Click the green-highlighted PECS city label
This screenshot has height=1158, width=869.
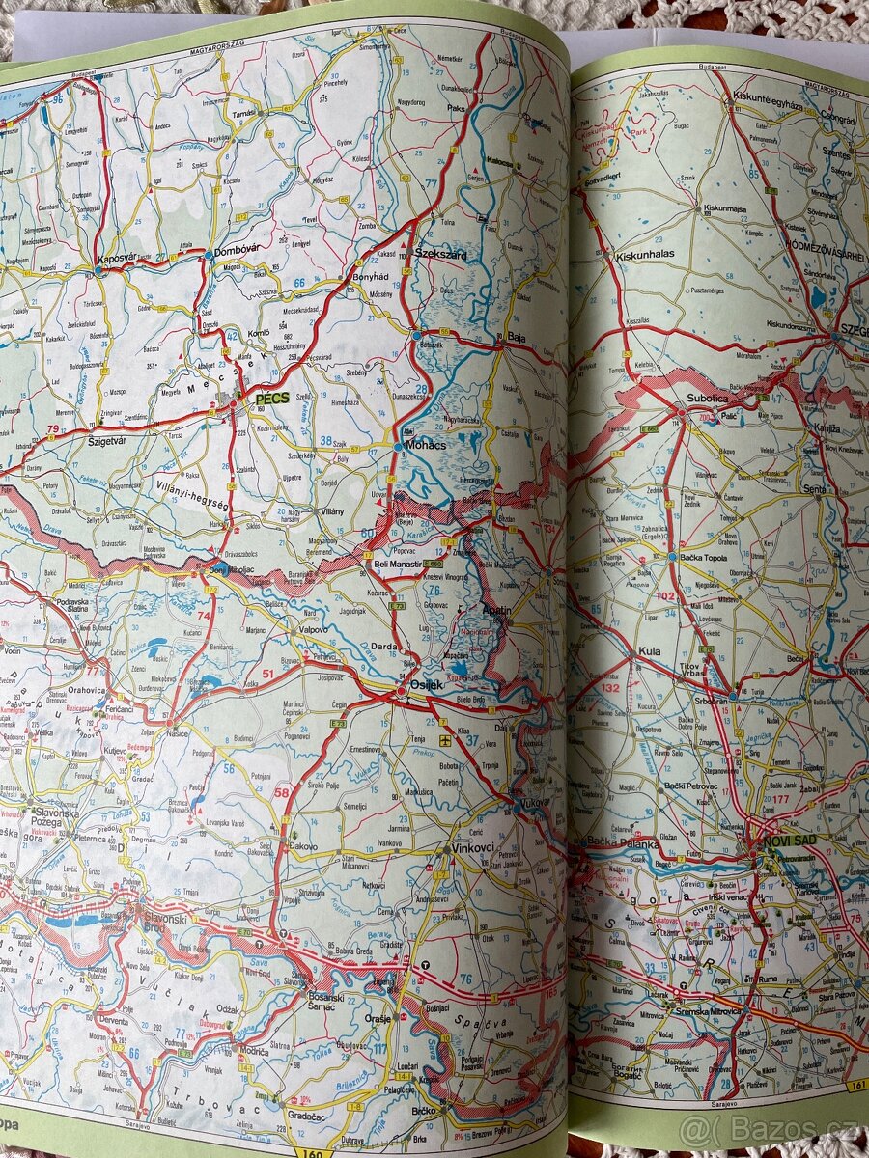(x=272, y=397)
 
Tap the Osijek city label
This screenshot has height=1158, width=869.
(x=426, y=684)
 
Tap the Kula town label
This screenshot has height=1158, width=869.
(x=649, y=651)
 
